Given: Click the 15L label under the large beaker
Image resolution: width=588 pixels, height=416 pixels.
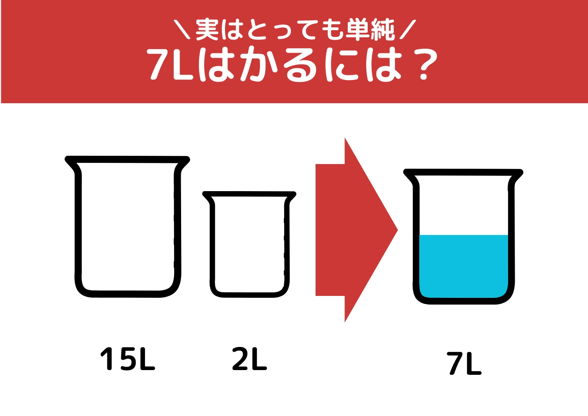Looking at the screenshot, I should [128, 359].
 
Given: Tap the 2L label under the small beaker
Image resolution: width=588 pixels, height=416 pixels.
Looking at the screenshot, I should [249, 359].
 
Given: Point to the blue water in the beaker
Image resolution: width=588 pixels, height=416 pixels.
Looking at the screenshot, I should [464, 265].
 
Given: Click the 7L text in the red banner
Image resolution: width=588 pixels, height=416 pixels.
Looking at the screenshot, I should [169, 65].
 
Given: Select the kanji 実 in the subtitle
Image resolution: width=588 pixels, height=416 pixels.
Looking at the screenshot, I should [207, 29].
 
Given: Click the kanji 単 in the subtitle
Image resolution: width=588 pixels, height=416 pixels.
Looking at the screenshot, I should [357, 29].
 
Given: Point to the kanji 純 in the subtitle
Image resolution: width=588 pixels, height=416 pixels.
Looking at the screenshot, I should [383, 29].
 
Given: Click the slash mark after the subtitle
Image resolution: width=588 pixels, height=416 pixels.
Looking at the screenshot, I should [407, 30].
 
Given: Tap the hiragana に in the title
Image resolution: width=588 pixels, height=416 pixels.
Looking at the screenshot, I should [341, 65].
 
